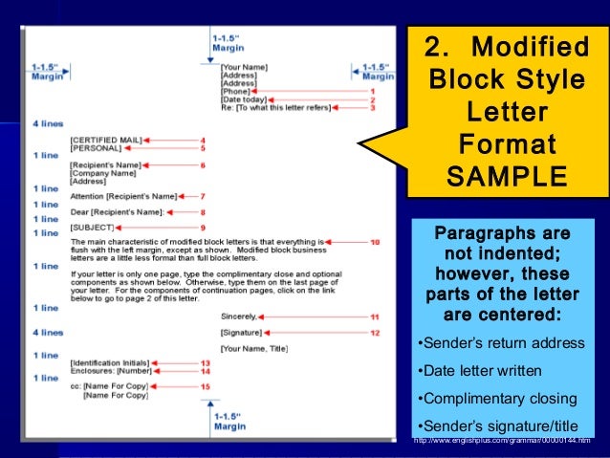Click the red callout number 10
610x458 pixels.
point(374,242)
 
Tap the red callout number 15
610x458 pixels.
point(205,385)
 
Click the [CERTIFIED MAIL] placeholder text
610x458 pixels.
point(106,140)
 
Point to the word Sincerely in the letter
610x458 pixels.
point(239,316)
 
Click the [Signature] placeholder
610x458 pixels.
point(242,332)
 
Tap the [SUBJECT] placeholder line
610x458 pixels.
point(93,228)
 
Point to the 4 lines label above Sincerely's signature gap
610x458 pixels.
point(47,332)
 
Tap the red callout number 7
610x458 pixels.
point(203,196)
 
